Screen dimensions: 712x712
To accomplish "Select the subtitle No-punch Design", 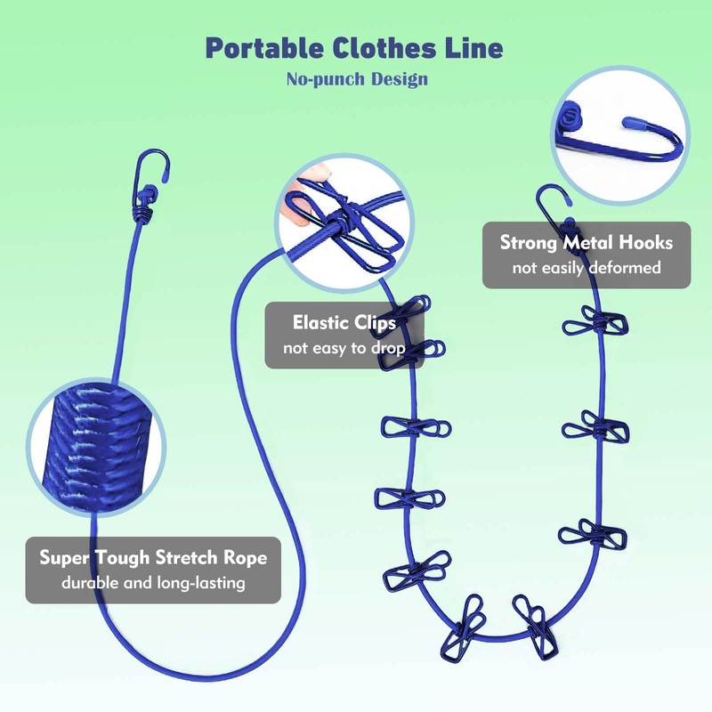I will pos(357,79).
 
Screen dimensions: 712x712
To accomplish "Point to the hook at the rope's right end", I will pos(552,200).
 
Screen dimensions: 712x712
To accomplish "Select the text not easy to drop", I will pos(344,347).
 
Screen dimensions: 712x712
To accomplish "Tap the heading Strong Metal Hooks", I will pos(587,242).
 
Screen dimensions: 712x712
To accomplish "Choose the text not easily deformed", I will pos(587,267).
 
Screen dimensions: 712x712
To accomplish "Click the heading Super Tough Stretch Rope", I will pos(153,559).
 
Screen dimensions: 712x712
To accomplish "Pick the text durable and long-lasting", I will pos(153,584).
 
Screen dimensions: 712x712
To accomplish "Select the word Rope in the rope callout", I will pos(246,559).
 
